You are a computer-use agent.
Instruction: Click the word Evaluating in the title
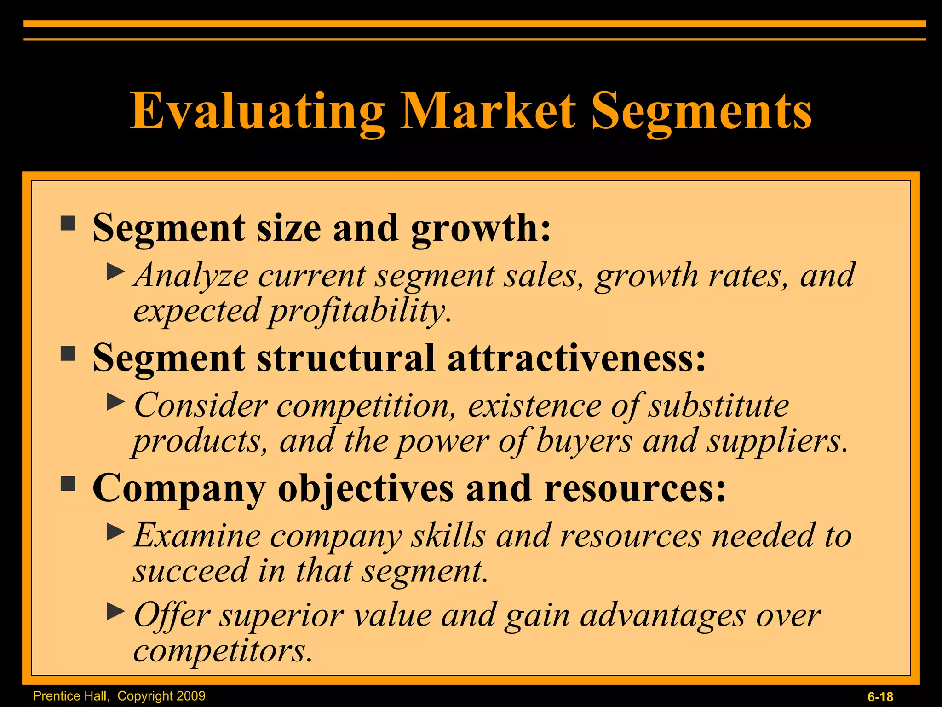[258, 111]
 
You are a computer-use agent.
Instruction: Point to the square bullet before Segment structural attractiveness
[68, 353]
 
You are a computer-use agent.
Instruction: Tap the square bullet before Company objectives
[68, 484]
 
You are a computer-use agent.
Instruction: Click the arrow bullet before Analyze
[115, 272]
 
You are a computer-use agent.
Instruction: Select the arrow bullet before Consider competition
[115, 402]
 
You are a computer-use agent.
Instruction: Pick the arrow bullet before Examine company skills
[115, 532]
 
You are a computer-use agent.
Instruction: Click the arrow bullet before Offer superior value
[115, 612]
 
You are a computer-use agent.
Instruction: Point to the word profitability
[359, 312]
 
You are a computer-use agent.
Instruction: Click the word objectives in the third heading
[366, 489]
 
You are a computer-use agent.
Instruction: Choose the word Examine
[197, 536]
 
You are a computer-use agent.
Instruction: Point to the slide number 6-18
[880, 697]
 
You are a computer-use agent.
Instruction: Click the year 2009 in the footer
[190, 695]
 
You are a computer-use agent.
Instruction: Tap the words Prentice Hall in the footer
[71, 696]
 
